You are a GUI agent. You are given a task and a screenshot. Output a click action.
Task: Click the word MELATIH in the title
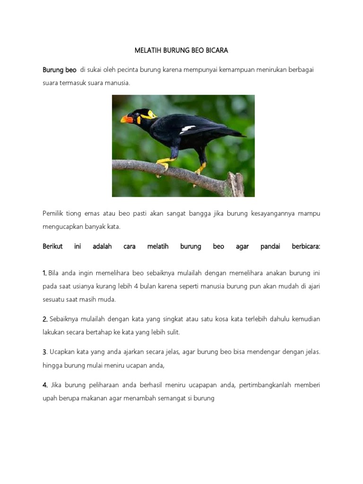click(x=148, y=50)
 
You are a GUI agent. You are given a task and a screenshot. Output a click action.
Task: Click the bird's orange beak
click(x=127, y=119)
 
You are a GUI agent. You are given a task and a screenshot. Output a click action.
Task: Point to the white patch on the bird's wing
click(x=188, y=129)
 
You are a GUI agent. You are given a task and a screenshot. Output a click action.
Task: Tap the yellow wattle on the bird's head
click(x=151, y=114)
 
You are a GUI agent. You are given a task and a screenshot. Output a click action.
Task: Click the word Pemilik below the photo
click(x=53, y=214)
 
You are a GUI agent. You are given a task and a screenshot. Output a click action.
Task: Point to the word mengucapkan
click(x=61, y=226)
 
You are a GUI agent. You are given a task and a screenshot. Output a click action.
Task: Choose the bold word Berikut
click(x=53, y=246)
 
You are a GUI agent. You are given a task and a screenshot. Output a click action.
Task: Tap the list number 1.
click(x=44, y=273)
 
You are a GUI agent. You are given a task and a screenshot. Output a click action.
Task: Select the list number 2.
click(x=44, y=319)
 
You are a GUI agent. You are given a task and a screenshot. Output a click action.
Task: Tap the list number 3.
click(x=44, y=352)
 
